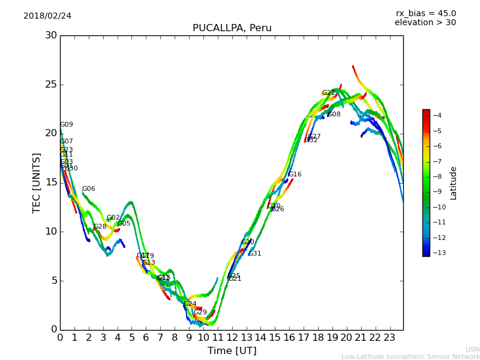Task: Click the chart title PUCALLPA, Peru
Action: [232, 28]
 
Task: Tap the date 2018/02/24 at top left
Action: [47, 16]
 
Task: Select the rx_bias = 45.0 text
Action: [425, 13]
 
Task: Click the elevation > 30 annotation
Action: [425, 23]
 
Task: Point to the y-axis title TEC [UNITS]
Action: [37, 182]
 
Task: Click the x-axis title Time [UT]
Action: [232, 351]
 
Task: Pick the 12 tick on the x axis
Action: [232, 338]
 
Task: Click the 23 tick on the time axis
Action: [389, 338]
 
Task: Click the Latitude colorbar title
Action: [454, 183]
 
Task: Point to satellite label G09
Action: [67, 125]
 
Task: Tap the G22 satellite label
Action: [329, 93]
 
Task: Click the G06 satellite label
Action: [89, 189]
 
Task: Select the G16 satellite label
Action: [295, 175]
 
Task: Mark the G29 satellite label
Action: [200, 313]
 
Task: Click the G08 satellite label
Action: [334, 115]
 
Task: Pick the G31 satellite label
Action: [255, 254]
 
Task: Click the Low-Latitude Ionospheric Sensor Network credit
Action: [410, 356]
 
